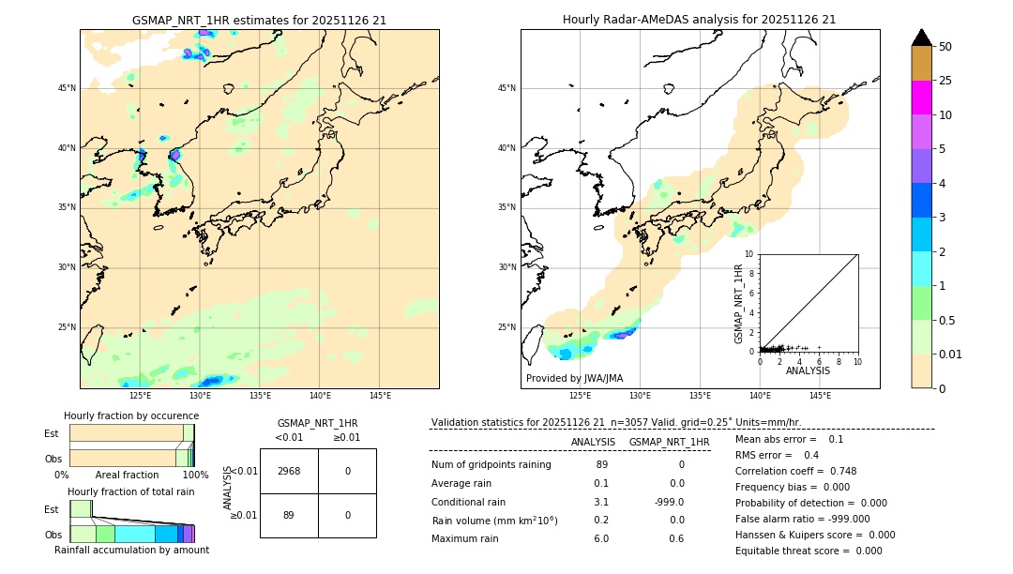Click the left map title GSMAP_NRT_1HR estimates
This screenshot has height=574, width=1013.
[259, 20]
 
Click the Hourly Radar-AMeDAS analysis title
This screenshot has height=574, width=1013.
[699, 20]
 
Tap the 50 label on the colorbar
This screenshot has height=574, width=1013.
[945, 47]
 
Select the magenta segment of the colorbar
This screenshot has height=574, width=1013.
[921, 98]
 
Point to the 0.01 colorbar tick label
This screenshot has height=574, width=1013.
[951, 354]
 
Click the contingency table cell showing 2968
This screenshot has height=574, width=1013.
[289, 471]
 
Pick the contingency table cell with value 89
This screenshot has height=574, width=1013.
[289, 515]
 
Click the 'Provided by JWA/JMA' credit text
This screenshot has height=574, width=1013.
[574, 379]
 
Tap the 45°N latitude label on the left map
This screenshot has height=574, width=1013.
[67, 88]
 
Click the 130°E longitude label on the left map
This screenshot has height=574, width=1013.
[200, 396]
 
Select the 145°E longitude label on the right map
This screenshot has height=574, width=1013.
[820, 396]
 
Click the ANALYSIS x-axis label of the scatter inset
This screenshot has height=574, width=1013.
[808, 370]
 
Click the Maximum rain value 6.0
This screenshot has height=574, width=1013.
[601, 538]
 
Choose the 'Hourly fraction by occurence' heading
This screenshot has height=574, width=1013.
[131, 415]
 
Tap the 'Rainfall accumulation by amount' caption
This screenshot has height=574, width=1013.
[131, 551]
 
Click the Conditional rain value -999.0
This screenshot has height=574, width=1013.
[669, 502]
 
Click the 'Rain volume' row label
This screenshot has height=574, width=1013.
[494, 521]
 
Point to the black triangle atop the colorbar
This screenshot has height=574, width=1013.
[921, 38]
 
